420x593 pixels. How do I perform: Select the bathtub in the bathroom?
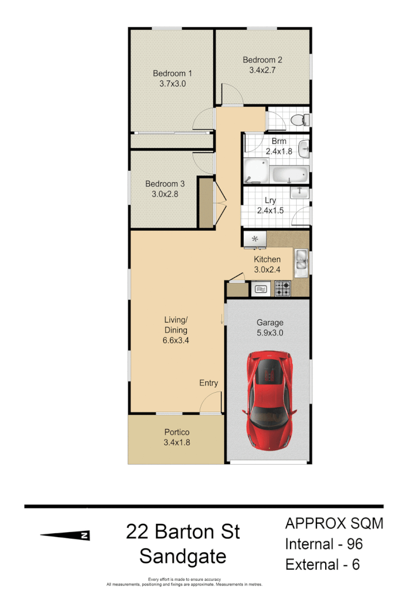pos(289,175)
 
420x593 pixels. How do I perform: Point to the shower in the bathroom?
pos(255,171)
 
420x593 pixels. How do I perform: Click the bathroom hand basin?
pos(305,148)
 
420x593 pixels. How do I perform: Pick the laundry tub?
pos(301,192)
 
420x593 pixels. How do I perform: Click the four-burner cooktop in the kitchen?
pos(282,288)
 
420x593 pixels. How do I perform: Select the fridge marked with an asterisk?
pos(255,239)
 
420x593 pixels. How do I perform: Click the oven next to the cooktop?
pos(261,289)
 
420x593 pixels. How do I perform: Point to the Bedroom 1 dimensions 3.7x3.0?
pos(172,84)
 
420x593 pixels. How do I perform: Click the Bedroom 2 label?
pos(262,60)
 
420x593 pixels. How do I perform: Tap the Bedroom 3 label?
pos(165,184)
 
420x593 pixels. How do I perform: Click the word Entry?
pos(209,383)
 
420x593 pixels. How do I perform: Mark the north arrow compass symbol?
pos(65,536)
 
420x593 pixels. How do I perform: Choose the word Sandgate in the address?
pos(183,556)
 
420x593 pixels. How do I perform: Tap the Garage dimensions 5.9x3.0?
pos(270,333)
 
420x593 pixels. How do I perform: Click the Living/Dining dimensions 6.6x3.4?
pos(176,340)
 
